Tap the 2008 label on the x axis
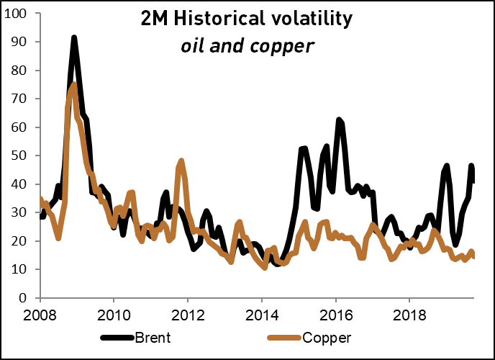(x=40, y=315)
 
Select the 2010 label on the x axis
(x=114, y=315)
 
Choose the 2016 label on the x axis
(x=335, y=315)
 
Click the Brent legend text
(x=154, y=336)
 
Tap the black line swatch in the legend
(x=117, y=336)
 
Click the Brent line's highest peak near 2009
(x=74, y=38)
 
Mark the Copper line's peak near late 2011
(x=181, y=161)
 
